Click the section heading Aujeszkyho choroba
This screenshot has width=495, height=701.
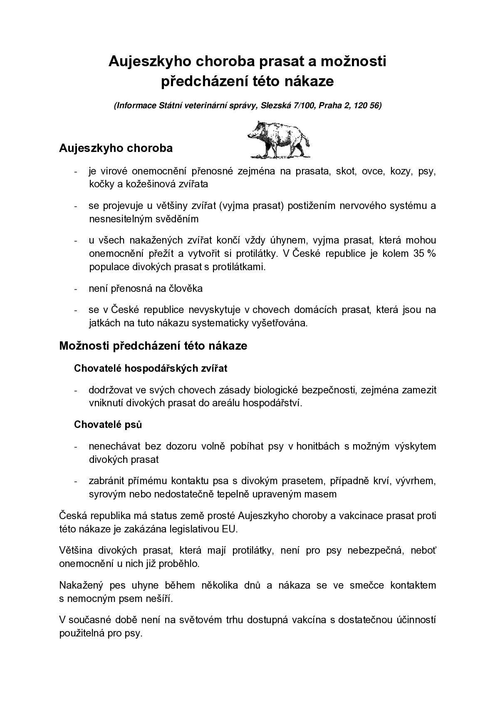[116, 148]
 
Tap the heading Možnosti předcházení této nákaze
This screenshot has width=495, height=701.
[153, 346]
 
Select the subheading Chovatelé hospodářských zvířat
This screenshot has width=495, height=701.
[151, 368]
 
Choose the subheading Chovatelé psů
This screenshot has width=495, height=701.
[108, 425]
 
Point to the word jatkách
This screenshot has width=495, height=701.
[105, 323]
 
